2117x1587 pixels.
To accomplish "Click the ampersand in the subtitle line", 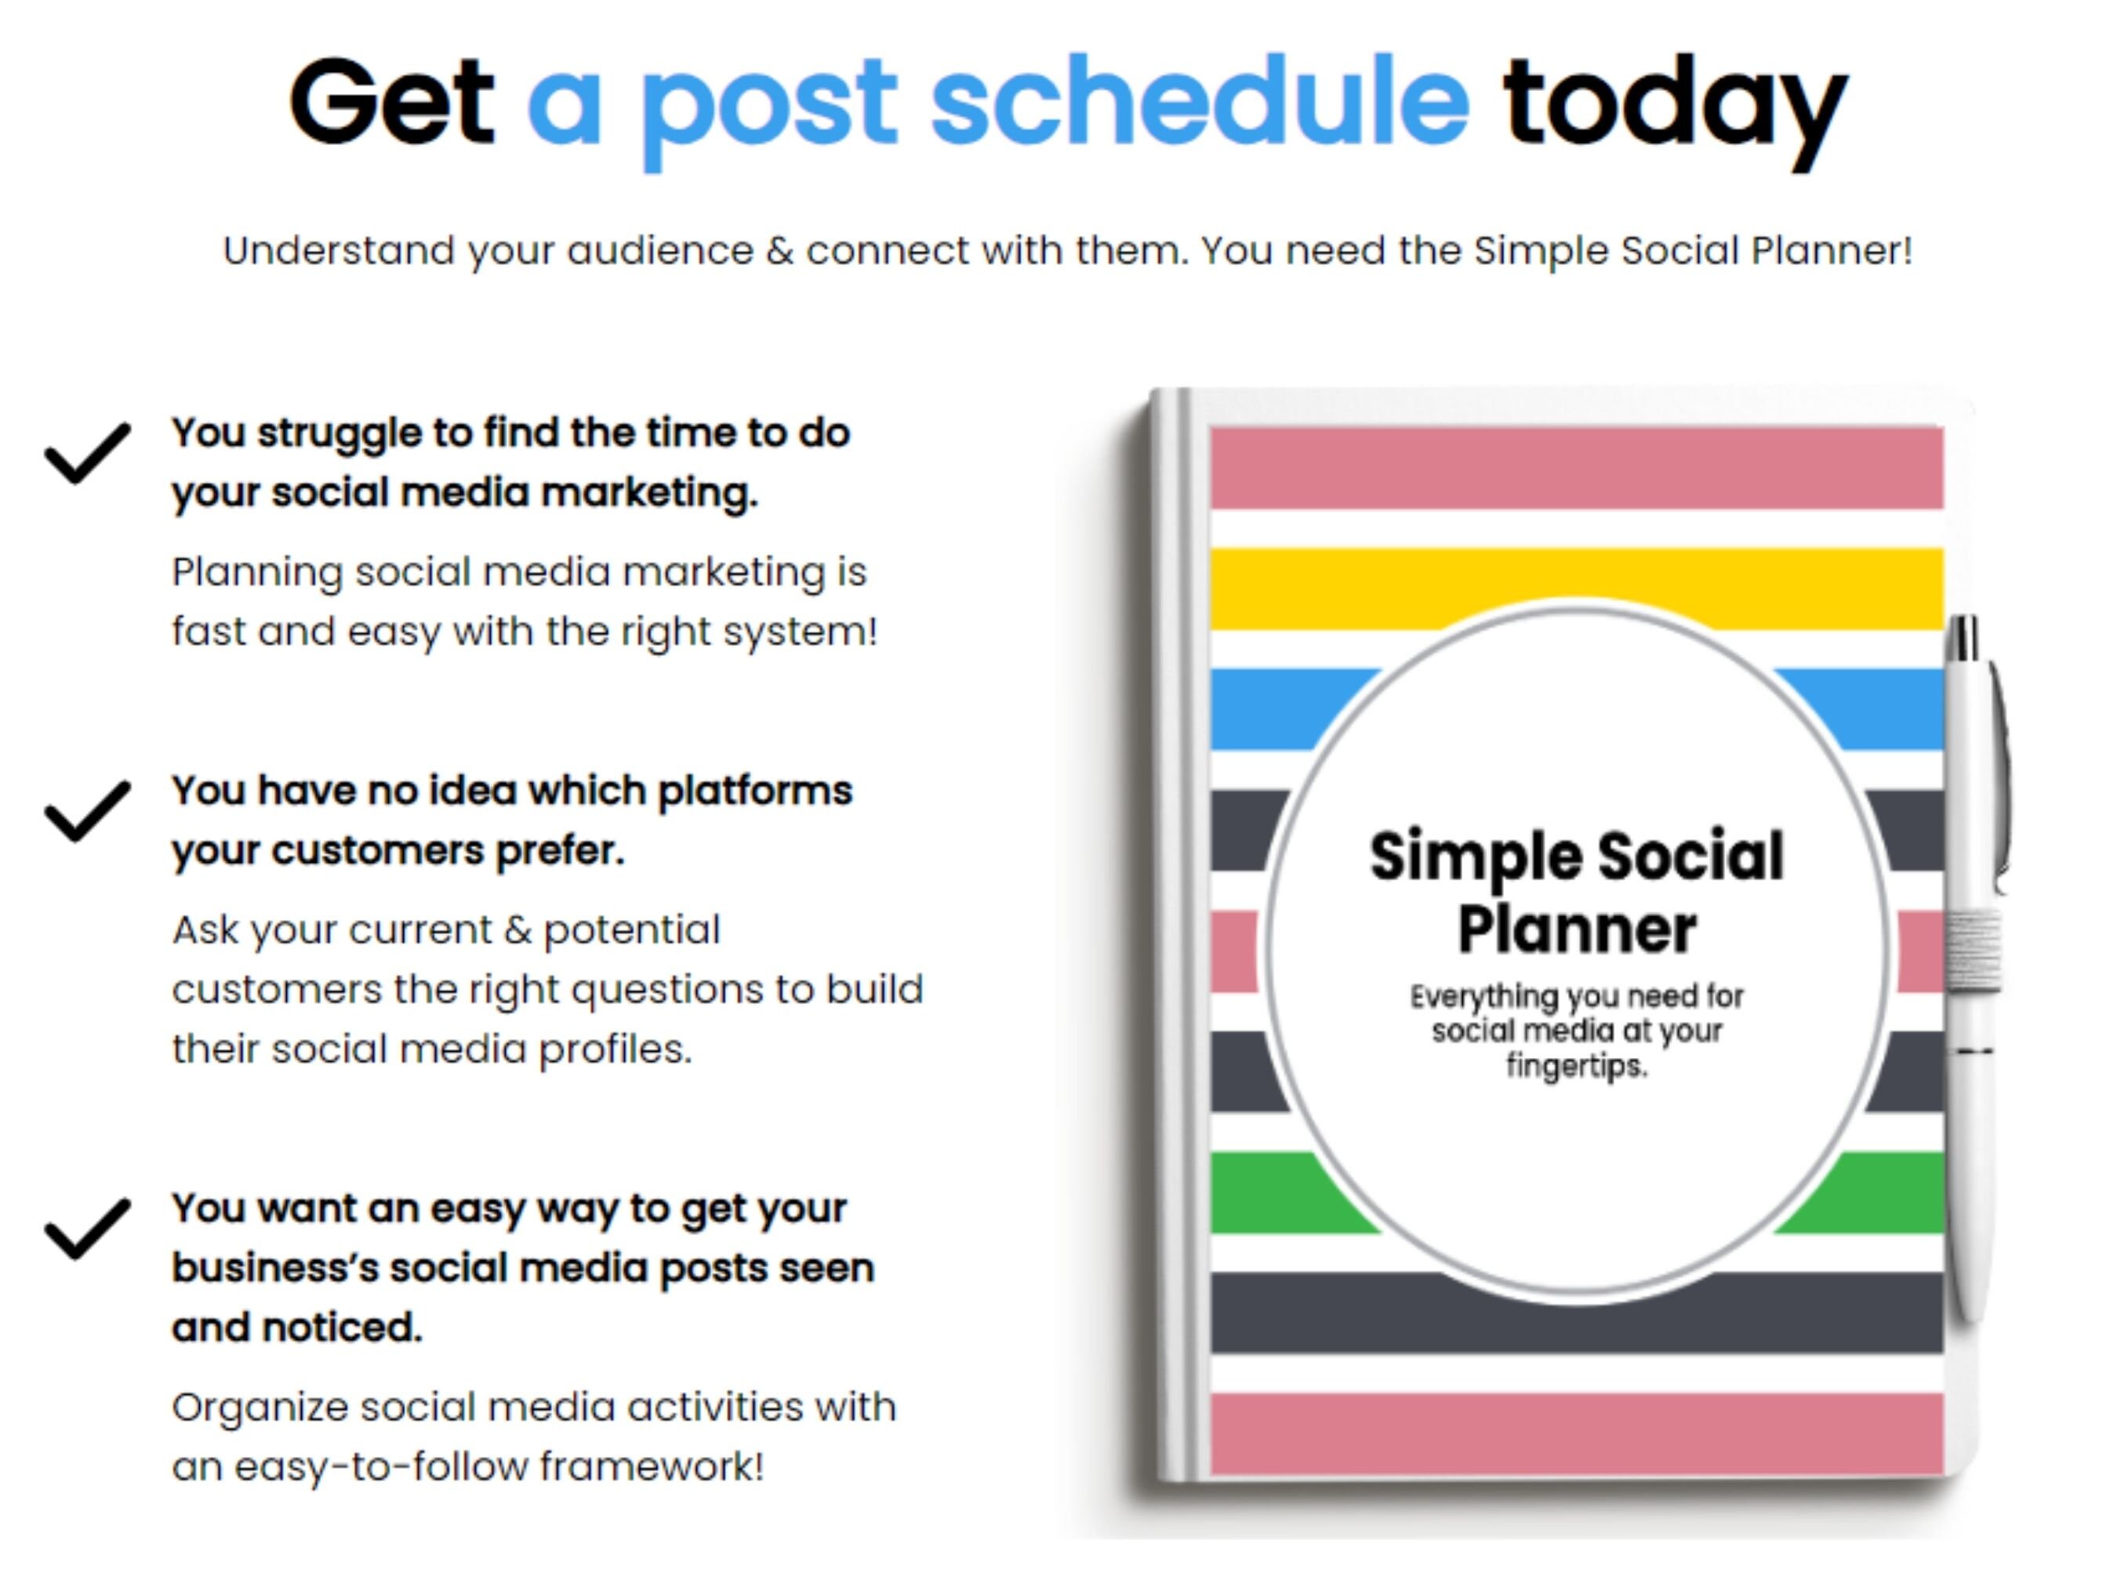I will [779, 251].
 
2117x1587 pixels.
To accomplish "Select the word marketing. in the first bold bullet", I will [649, 493].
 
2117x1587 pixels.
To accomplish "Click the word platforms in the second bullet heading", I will [754, 791].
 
